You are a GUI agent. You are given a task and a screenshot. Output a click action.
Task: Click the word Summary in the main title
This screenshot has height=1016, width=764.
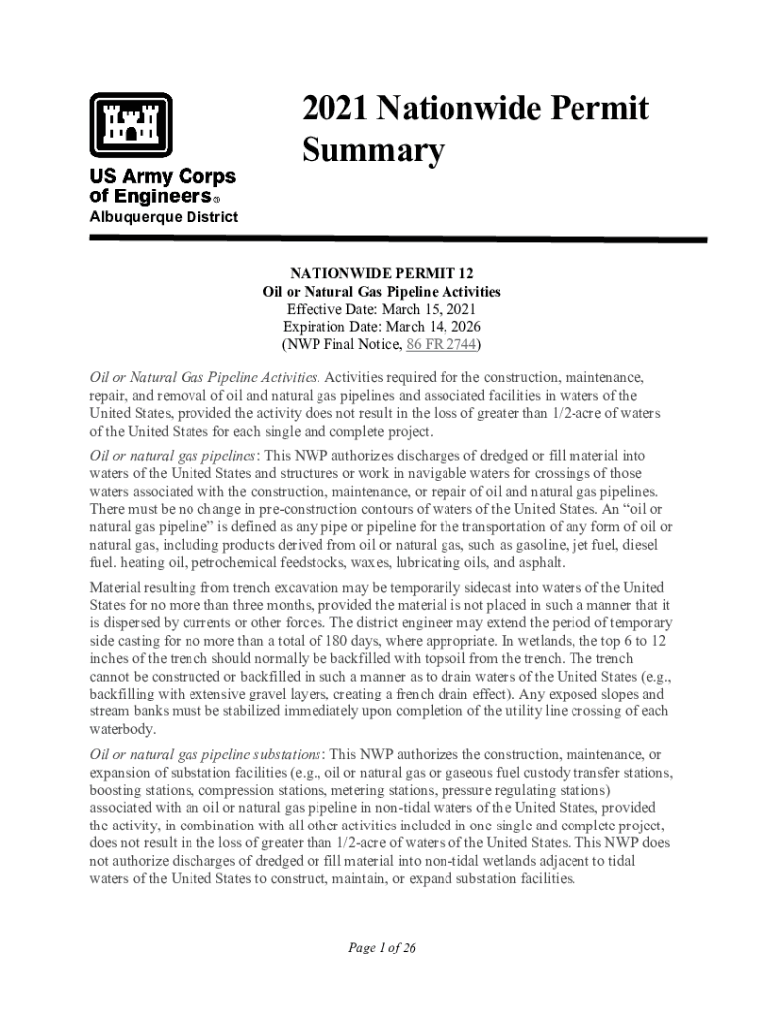click(x=372, y=152)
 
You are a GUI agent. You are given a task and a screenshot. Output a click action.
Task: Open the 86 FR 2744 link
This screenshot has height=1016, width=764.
click(x=443, y=345)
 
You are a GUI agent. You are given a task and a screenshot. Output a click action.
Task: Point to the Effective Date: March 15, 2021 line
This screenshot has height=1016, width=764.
click(x=381, y=310)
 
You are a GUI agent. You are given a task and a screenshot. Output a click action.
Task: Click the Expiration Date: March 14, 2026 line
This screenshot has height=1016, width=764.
click(x=381, y=327)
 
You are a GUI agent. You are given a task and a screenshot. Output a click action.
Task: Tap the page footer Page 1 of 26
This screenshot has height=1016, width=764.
click(x=381, y=947)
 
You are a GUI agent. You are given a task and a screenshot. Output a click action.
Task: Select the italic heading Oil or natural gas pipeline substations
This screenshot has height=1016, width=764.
click(x=207, y=755)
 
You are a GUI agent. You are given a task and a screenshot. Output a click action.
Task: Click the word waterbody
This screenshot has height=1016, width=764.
click(x=122, y=729)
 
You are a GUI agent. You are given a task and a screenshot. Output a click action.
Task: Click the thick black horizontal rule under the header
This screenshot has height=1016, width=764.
click(x=398, y=240)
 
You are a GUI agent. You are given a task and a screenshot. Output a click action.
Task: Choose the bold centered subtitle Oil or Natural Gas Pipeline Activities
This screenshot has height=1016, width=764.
click(x=381, y=292)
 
